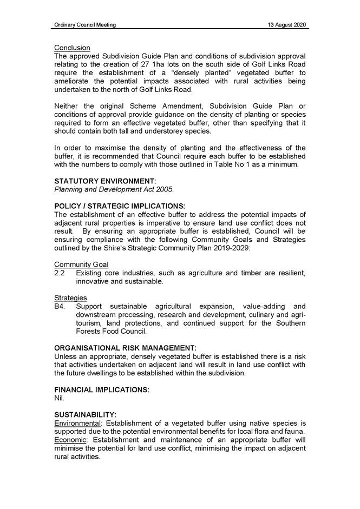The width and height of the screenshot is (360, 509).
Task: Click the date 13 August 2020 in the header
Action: (287, 25)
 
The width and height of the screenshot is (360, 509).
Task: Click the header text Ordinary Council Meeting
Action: (85, 25)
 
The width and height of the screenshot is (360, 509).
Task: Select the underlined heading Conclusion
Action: (72, 48)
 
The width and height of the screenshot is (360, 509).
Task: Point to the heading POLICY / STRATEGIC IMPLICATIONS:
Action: (120, 206)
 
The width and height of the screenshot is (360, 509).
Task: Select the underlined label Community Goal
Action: (81, 265)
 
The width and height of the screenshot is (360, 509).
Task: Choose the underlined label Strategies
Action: (70, 298)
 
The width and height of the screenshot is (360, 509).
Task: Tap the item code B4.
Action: (60, 306)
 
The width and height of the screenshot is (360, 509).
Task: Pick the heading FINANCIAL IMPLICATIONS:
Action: (102, 389)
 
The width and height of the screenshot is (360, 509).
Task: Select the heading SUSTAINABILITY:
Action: (86, 414)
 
